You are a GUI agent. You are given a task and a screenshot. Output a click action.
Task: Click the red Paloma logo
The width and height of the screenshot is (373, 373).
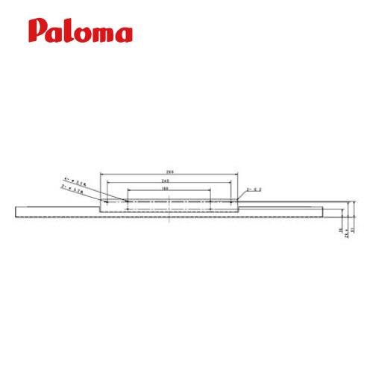81,31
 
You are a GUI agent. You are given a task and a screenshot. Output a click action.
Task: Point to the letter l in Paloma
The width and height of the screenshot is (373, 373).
69,30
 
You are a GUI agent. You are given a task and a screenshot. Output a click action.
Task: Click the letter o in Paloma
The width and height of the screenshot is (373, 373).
81,34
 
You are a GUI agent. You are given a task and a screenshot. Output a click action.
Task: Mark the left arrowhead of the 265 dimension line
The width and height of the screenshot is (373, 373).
101,172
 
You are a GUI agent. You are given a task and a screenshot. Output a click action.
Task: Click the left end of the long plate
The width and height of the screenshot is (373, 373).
16,211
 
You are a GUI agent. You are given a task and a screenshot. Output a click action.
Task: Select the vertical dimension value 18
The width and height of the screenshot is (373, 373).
341,231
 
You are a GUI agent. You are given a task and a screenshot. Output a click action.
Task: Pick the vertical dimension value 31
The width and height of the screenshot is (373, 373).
353,231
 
